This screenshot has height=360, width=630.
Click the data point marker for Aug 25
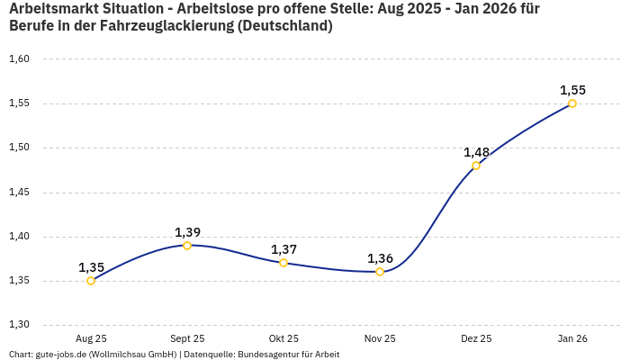pyautogui.click(x=91, y=281)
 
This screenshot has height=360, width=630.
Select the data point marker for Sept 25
pyautogui.click(x=187, y=246)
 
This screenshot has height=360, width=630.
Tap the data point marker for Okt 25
pyautogui.click(x=283, y=263)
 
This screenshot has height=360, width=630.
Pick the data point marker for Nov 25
pyautogui.click(x=380, y=272)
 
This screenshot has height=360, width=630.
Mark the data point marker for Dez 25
pyautogui.click(x=476, y=166)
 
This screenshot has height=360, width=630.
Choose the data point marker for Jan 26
pyautogui.click(x=572, y=103)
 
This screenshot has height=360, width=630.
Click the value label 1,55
pyautogui.click(x=572, y=90)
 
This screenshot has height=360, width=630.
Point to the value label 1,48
pyautogui.click(x=476, y=152)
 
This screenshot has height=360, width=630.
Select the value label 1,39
pyautogui.click(x=187, y=232)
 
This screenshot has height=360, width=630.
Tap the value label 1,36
pyautogui.click(x=380, y=258)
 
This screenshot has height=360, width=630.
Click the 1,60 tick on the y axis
pyautogui.click(x=19, y=59)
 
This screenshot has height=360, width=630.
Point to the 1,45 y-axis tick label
pyautogui.click(x=19, y=193)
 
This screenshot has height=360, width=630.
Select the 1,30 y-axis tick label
pyautogui.click(x=19, y=325)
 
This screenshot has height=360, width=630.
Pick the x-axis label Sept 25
pyautogui.click(x=187, y=338)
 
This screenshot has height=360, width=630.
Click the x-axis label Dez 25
pyautogui.click(x=476, y=338)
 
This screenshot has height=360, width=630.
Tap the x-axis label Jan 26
pyautogui.click(x=572, y=338)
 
